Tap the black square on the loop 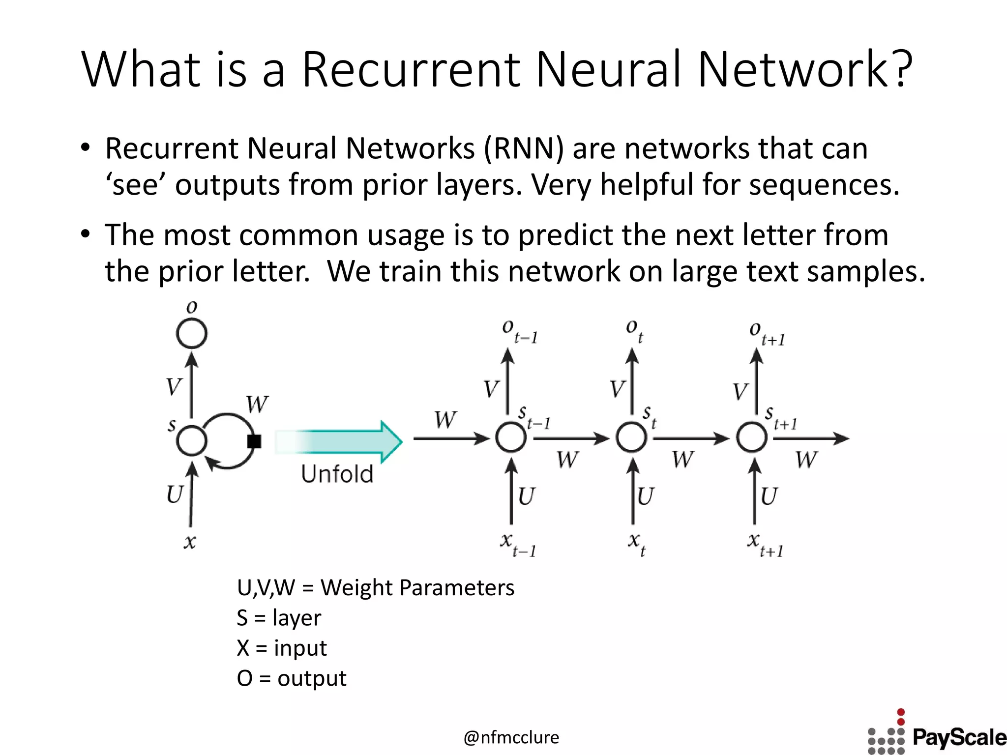coord(254,441)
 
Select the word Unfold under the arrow coord(337,474)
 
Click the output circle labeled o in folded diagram coord(192,334)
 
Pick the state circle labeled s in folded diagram coord(192,440)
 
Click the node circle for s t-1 coord(511,437)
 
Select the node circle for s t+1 coord(752,437)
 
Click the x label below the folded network coord(190,542)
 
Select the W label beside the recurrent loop coord(257,405)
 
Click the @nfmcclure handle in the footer coord(511,737)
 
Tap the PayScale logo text coord(959,738)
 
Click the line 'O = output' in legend coord(292,678)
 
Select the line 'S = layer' coord(279,618)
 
